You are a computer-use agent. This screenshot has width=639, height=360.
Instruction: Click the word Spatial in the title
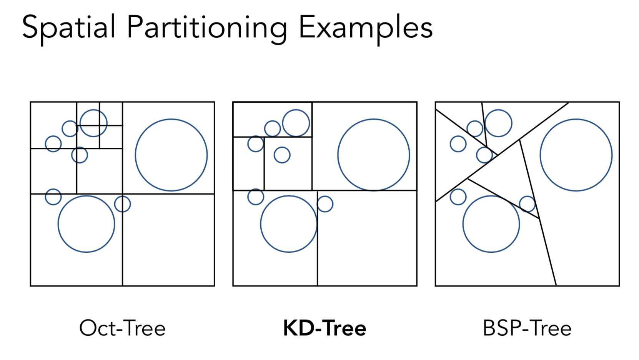68,28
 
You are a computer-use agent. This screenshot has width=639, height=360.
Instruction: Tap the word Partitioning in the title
206,28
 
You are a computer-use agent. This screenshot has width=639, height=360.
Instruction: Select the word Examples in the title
365,28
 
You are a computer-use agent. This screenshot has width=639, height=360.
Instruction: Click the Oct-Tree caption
122,328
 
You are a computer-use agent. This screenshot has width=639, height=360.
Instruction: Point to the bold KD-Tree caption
324,328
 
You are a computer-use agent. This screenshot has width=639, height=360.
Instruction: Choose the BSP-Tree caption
527,328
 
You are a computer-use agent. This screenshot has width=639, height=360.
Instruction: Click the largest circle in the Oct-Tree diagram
171,155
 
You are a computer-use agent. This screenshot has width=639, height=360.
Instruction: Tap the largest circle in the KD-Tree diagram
373,155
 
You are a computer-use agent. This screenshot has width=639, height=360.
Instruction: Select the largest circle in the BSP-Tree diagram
576,155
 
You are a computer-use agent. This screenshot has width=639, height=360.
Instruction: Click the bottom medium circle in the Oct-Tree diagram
86,224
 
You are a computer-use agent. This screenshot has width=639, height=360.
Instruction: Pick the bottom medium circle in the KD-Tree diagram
288,224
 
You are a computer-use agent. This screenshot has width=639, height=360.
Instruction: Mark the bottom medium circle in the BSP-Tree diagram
491,224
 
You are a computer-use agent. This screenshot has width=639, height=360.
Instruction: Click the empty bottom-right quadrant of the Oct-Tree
168,240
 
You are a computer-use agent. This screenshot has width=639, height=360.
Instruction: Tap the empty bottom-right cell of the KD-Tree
367,238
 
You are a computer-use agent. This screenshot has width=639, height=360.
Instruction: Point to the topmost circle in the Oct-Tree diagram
93,123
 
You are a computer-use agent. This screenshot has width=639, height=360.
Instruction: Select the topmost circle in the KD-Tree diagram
296,123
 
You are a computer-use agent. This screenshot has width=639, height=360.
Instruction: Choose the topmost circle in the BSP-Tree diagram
498,123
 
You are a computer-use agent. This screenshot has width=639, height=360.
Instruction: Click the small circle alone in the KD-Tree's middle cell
282,155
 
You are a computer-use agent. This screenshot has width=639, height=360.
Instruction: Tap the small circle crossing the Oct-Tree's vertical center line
122,204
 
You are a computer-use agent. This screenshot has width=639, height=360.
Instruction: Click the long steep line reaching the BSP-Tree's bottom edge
546,246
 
